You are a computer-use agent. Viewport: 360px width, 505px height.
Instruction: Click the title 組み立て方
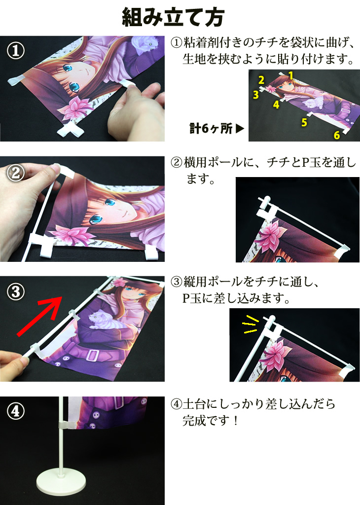click(x=173, y=17)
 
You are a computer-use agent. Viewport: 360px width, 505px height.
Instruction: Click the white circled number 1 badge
click(x=16, y=51)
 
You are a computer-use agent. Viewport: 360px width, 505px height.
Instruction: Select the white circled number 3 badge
click(x=16, y=292)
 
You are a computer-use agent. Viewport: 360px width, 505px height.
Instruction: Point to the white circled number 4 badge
click(x=16, y=411)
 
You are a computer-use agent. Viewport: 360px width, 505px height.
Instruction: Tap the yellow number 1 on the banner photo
click(x=291, y=75)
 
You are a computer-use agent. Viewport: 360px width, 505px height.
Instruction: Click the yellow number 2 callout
click(x=261, y=80)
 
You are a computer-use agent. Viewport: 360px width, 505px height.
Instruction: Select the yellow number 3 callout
click(x=255, y=95)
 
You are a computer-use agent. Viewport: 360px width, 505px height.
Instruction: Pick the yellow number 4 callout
click(x=276, y=105)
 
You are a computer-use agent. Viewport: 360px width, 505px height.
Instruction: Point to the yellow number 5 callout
click(x=304, y=122)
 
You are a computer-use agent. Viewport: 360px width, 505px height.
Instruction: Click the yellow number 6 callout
click(x=336, y=135)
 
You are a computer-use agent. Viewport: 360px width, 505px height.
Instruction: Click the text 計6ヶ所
click(x=211, y=129)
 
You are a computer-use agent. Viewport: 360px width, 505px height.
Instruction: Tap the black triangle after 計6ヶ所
click(x=240, y=129)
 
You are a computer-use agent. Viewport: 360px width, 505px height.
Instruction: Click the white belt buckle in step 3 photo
click(x=92, y=355)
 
